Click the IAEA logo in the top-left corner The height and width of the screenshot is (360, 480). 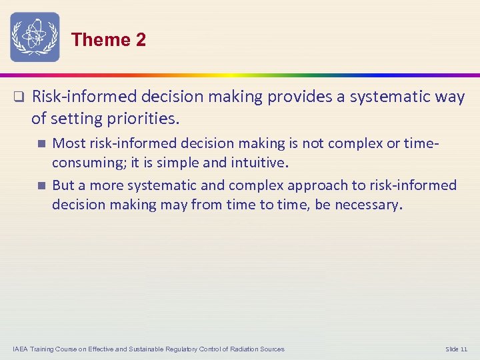click(35, 37)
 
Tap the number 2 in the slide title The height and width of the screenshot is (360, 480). click(140, 40)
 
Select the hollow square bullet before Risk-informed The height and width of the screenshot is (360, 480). click(19, 97)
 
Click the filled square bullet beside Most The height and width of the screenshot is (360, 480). click(41, 143)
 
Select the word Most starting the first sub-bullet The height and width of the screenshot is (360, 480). click(69, 143)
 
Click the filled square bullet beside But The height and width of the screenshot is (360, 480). click(41, 185)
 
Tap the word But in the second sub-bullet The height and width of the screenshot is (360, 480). click(63, 185)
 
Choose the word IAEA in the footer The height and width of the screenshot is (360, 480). click(21, 349)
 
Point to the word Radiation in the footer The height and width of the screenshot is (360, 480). click(243, 349)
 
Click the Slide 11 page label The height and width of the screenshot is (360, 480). click(457, 349)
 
